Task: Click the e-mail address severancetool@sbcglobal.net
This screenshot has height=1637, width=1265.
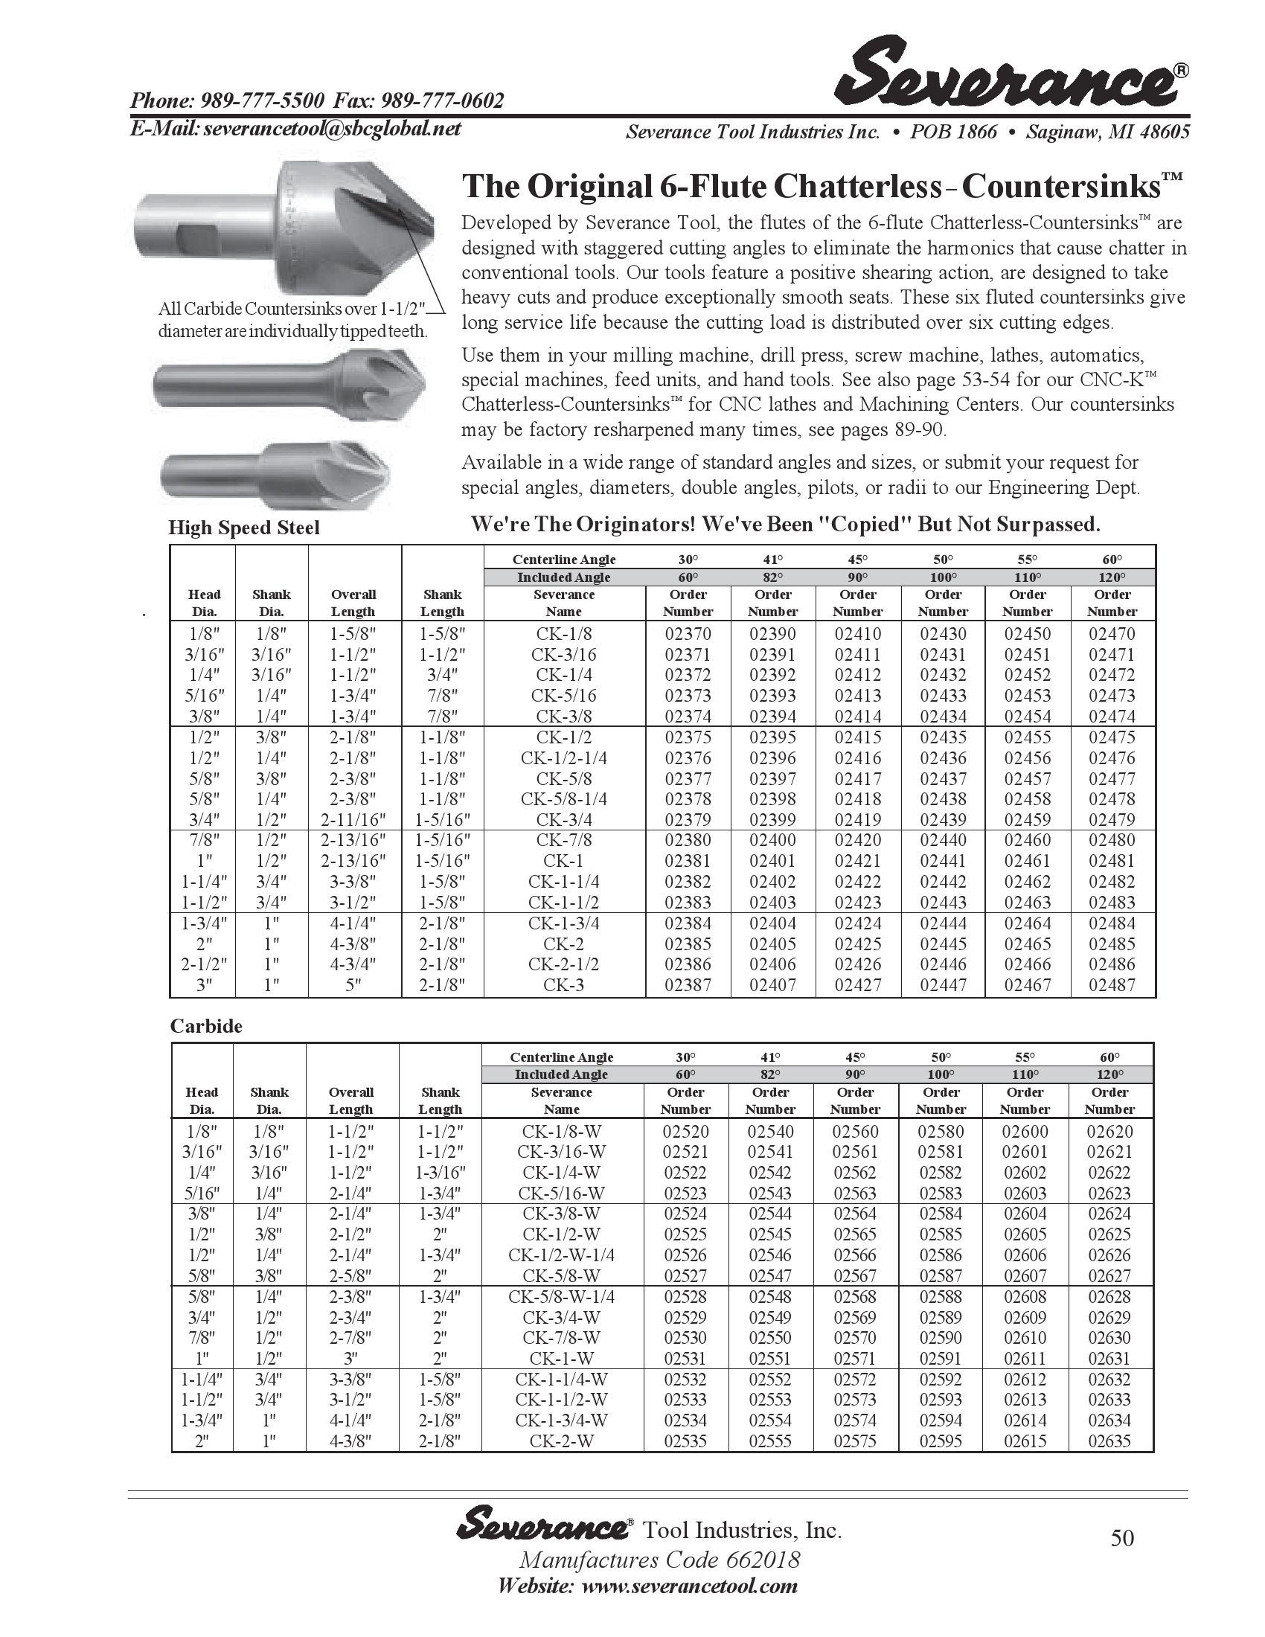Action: tap(332, 129)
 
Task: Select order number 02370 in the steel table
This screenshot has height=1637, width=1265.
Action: tap(688, 633)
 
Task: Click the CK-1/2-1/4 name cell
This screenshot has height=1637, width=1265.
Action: tap(563, 757)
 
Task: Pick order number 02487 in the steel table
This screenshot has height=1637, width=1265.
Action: tap(1112, 985)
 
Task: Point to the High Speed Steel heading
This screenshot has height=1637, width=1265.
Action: tap(243, 528)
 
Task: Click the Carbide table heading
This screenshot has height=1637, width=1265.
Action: tap(206, 1026)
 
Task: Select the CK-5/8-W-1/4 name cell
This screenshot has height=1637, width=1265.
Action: tap(561, 1296)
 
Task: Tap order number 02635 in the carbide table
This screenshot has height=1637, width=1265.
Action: tap(1110, 1441)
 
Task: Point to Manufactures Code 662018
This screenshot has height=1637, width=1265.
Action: tap(659, 1560)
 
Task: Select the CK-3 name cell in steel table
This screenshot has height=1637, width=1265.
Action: tap(563, 985)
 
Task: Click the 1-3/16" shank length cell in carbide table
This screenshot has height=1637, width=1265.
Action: tap(440, 1172)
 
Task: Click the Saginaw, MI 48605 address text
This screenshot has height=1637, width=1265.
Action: tap(1108, 132)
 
